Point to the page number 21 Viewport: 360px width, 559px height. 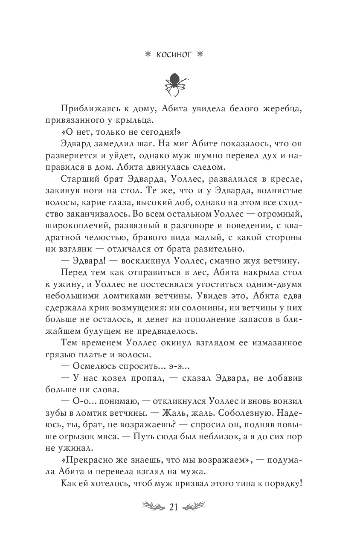pos(173,507)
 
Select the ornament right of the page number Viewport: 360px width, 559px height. pos(195,507)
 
